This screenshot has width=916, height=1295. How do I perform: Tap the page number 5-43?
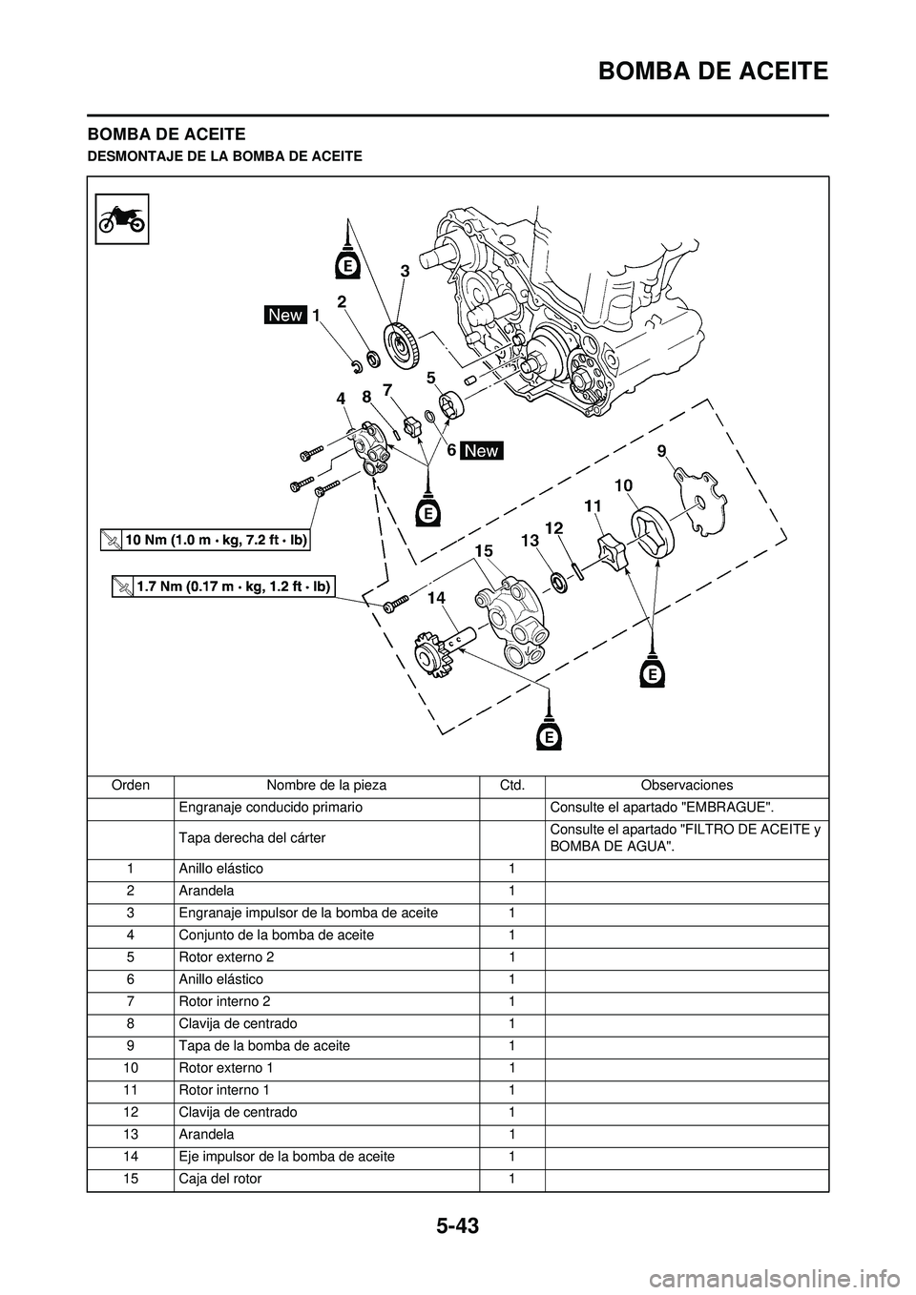point(457,1225)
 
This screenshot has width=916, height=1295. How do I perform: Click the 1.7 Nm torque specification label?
point(222,586)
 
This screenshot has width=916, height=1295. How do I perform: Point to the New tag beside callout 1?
point(285,315)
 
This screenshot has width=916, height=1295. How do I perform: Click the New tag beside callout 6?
point(482,450)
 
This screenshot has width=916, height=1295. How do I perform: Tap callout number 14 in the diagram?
point(436,597)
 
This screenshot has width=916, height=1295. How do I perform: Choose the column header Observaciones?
point(686,785)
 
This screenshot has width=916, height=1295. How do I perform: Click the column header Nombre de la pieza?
point(326,785)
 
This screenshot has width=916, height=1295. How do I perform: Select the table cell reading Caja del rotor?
point(219,1179)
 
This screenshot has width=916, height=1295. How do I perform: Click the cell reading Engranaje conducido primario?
point(269,807)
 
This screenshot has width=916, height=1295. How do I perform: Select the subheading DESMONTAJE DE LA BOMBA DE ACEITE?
point(224,155)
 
